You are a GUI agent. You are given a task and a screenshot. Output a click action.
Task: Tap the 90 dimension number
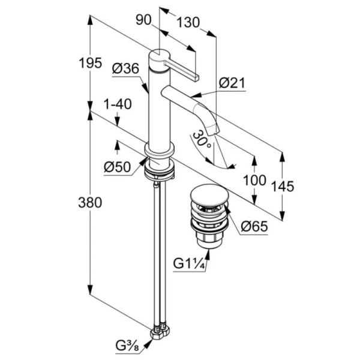(x=143, y=20)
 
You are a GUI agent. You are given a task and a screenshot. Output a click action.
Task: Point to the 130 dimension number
(x=188, y=23)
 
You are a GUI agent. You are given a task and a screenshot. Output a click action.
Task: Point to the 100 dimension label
(x=255, y=180)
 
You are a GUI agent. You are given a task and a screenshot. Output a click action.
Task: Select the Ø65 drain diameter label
(x=254, y=227)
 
